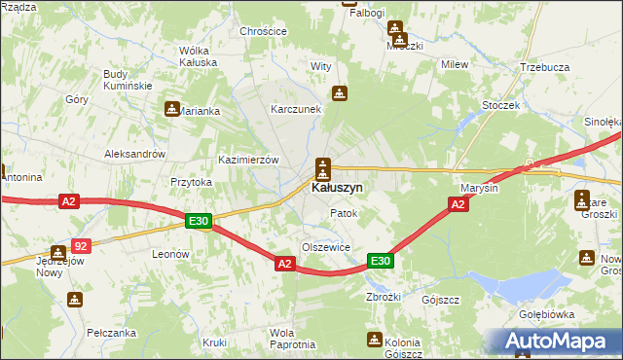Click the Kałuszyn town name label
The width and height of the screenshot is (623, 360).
coord(338,187)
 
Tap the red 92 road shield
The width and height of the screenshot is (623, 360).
coord(82,247)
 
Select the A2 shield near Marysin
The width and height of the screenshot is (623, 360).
coord(458,204)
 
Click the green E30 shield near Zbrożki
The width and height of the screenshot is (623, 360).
coord(380,261)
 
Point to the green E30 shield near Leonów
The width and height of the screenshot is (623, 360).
coord(199,223)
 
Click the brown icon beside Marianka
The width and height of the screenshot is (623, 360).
coord(172,109)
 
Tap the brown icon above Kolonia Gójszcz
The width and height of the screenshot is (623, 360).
coord(374,339)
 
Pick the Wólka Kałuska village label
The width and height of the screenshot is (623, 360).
coord(198,56)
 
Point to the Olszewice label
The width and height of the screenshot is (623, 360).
coord(325,247)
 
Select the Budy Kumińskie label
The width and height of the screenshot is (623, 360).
coord(128,80)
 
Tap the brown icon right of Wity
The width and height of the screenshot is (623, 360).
coord(339,93)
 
